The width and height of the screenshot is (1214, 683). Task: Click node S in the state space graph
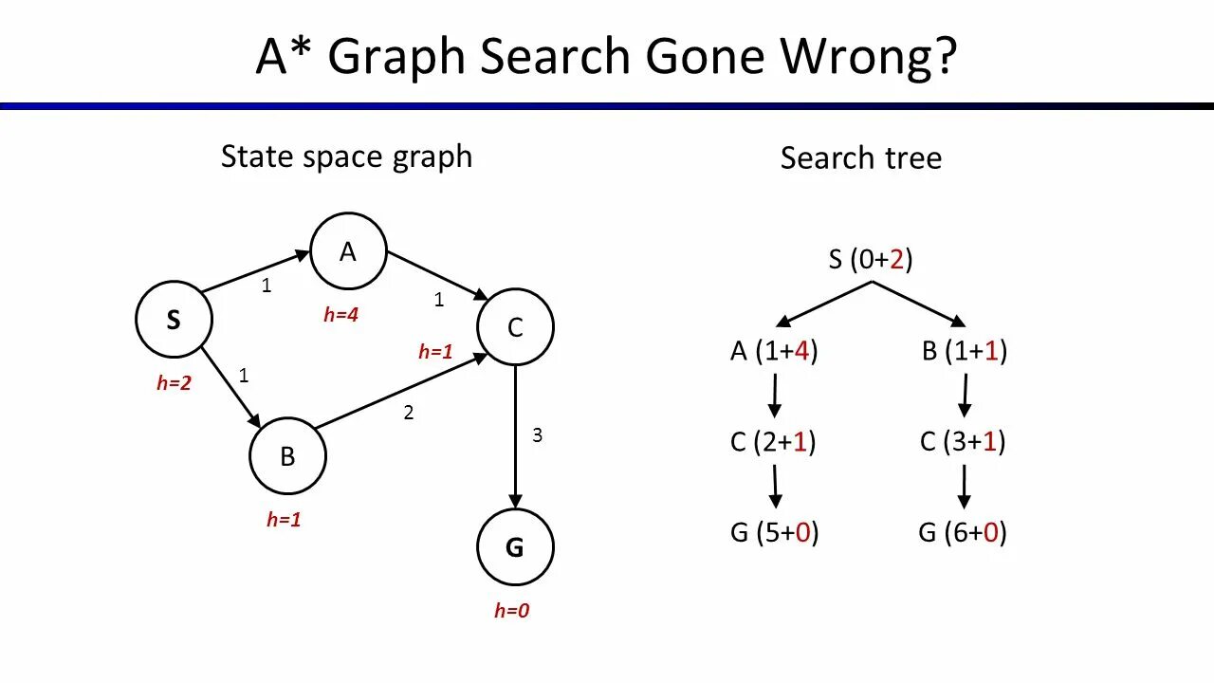(x=174, y=321)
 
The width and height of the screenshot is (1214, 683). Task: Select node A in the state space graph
(x=348, y=251)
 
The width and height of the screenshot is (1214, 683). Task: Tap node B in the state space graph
(x=287, y=456)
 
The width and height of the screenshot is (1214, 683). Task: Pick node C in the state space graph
(x=515, y=328)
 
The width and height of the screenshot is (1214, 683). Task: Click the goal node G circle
(x=515, y=547)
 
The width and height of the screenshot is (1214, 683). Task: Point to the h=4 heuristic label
(x=341, y=315)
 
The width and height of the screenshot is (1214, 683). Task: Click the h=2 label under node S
(x=174, y=383)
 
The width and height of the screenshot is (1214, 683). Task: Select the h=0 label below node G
(x=511, y=611)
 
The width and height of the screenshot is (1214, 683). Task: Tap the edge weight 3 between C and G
(x=537, y=435)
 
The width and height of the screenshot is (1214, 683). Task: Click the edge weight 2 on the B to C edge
(x=409, y=413)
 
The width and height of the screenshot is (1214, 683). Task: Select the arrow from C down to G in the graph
(x=515, y=436)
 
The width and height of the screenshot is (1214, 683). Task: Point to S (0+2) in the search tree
(x=871, y=259)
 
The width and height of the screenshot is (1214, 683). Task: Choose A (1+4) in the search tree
(x=774, y=351)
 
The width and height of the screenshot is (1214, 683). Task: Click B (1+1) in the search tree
(x=964, y=351)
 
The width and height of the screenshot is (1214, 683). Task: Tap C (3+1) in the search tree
(x=963, y=441)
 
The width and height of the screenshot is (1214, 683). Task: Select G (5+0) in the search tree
(x=774, y=532)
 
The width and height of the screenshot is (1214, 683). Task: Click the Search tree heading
(x=860, y=157)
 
